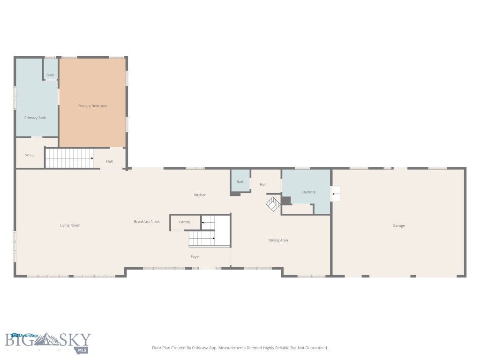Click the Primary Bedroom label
point(92,106)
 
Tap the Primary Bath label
point(35,118)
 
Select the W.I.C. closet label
point(30,155)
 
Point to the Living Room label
point(70,225)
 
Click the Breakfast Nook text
point(147,221)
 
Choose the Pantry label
point(185,222)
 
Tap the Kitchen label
point(200,195)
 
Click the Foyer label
point(195,256)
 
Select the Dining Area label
point(278,240)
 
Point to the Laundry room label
point(308,192)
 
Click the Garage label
point(398,225)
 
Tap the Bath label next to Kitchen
point(240,182)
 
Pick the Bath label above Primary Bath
point(50,75)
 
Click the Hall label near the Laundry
point(263,185)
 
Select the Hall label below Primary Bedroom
point(109,161)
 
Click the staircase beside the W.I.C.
point(69,158)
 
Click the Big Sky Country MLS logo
point(48,343)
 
